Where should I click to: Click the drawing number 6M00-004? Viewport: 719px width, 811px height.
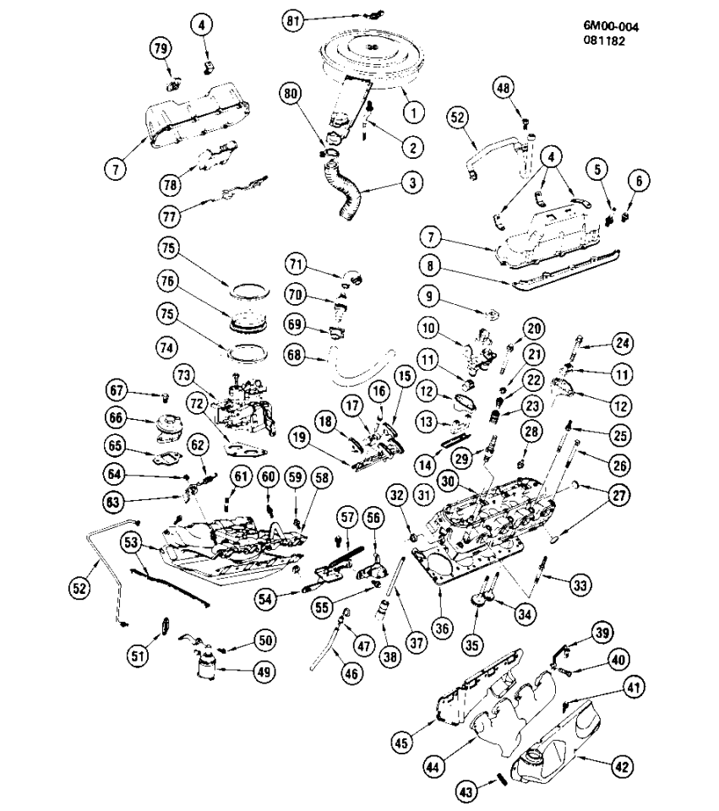click(611, 27)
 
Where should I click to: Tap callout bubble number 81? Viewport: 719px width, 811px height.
click(294, 20)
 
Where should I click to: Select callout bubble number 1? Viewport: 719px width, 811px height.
click(412, 110)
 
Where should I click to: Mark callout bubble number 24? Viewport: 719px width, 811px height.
click(623, 343)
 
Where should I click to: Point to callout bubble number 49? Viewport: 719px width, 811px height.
click(266, 672)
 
